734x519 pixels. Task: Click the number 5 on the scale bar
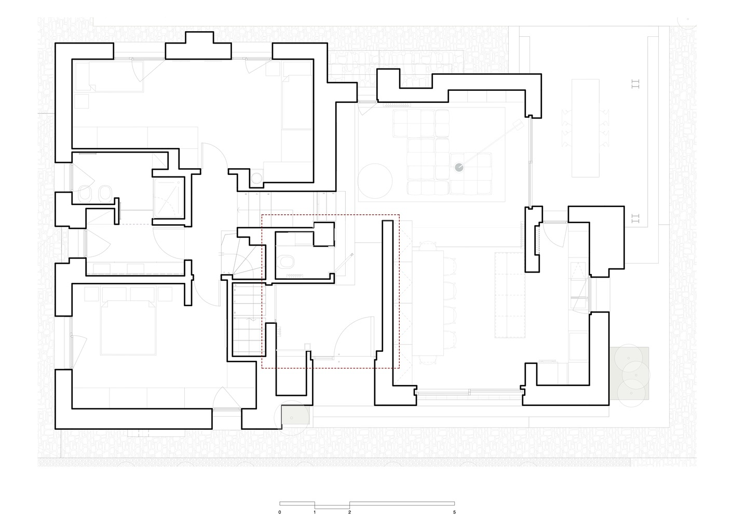click(x=455, y=512)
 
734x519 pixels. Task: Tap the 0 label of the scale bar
click(x=279, y=512)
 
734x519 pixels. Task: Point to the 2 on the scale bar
click(x=350, y=512)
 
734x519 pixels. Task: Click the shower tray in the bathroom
click(x=169, y=198)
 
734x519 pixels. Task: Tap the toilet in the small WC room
click(x=286, y=262)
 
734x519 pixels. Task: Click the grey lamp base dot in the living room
click(x=459, y=168)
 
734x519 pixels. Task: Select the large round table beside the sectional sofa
click(x=375, y=181)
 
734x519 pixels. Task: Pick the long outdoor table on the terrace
click(x=586, y=128)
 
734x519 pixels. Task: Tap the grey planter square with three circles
click(x=630, y=373)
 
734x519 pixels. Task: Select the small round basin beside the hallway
click(x=256, y=178)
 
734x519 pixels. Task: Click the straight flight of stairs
click(x=249, y=320)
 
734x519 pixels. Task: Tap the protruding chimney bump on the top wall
click(x=199, y=37)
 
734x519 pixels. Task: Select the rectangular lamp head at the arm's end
click(x=518, y=125)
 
